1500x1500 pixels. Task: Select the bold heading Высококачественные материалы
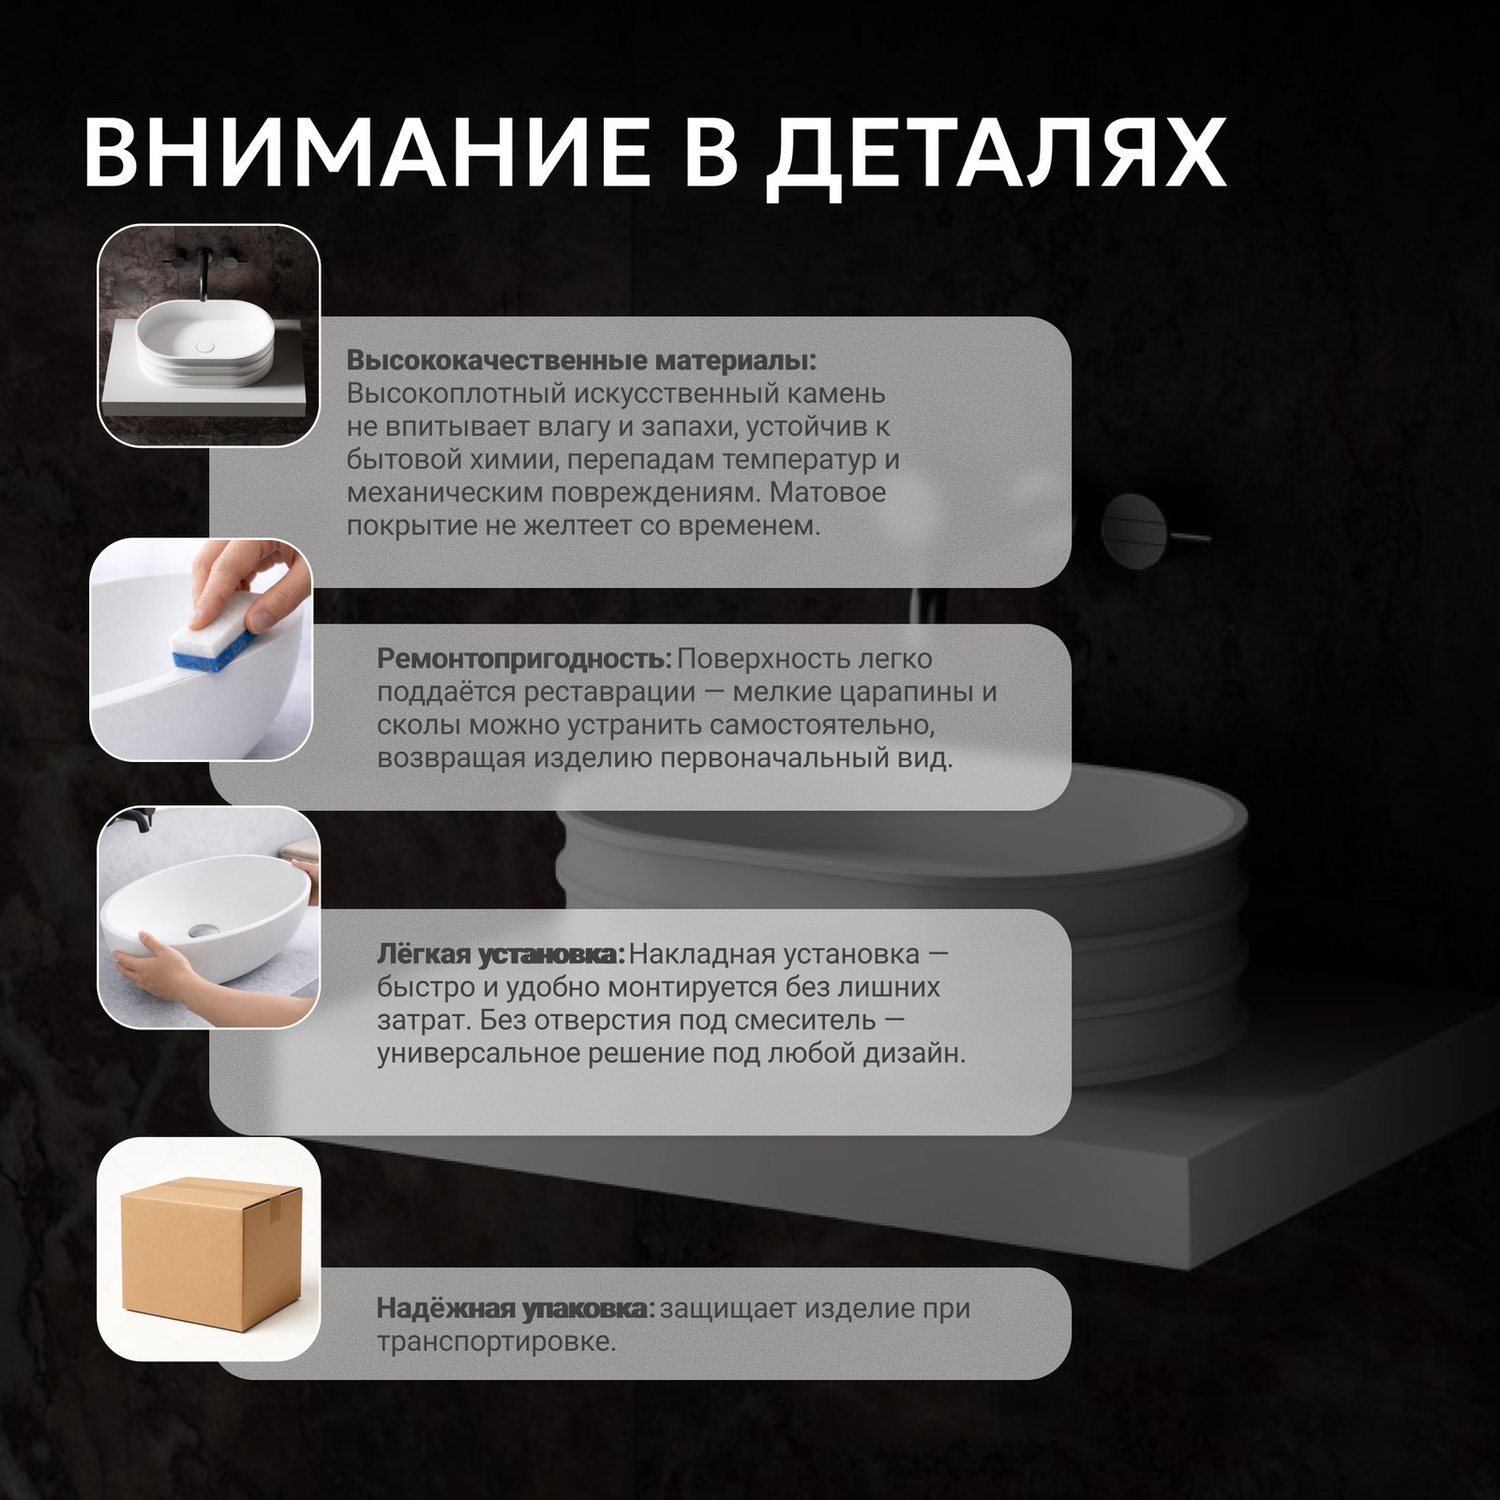point(581,361)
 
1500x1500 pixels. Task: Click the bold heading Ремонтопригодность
point(525,659)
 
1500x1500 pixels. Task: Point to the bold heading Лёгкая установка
point(501,954)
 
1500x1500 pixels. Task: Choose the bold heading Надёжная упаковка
point(517,1308)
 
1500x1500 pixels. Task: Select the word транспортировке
point(496,1342)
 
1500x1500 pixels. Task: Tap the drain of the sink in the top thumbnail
point(205,346)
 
